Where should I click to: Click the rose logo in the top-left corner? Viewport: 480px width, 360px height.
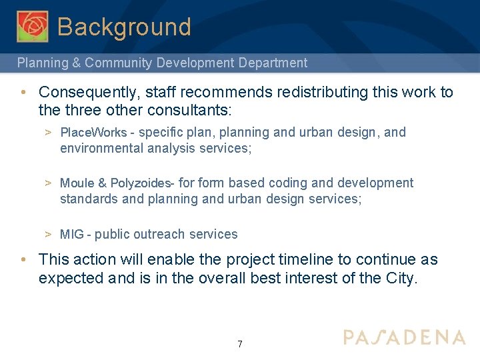click(x=33, y=27)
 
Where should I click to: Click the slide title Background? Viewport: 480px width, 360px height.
click(x=124, y=27)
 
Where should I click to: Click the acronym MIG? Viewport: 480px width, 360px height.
click(x=72, y=235)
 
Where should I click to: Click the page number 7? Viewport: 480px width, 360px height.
click(x=240, y=344)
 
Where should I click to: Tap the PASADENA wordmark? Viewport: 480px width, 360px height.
click(x=404, y=337)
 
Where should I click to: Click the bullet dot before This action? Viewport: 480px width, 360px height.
click(x=23, y=260)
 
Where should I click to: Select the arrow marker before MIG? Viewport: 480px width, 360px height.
click(x=49, y=235)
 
